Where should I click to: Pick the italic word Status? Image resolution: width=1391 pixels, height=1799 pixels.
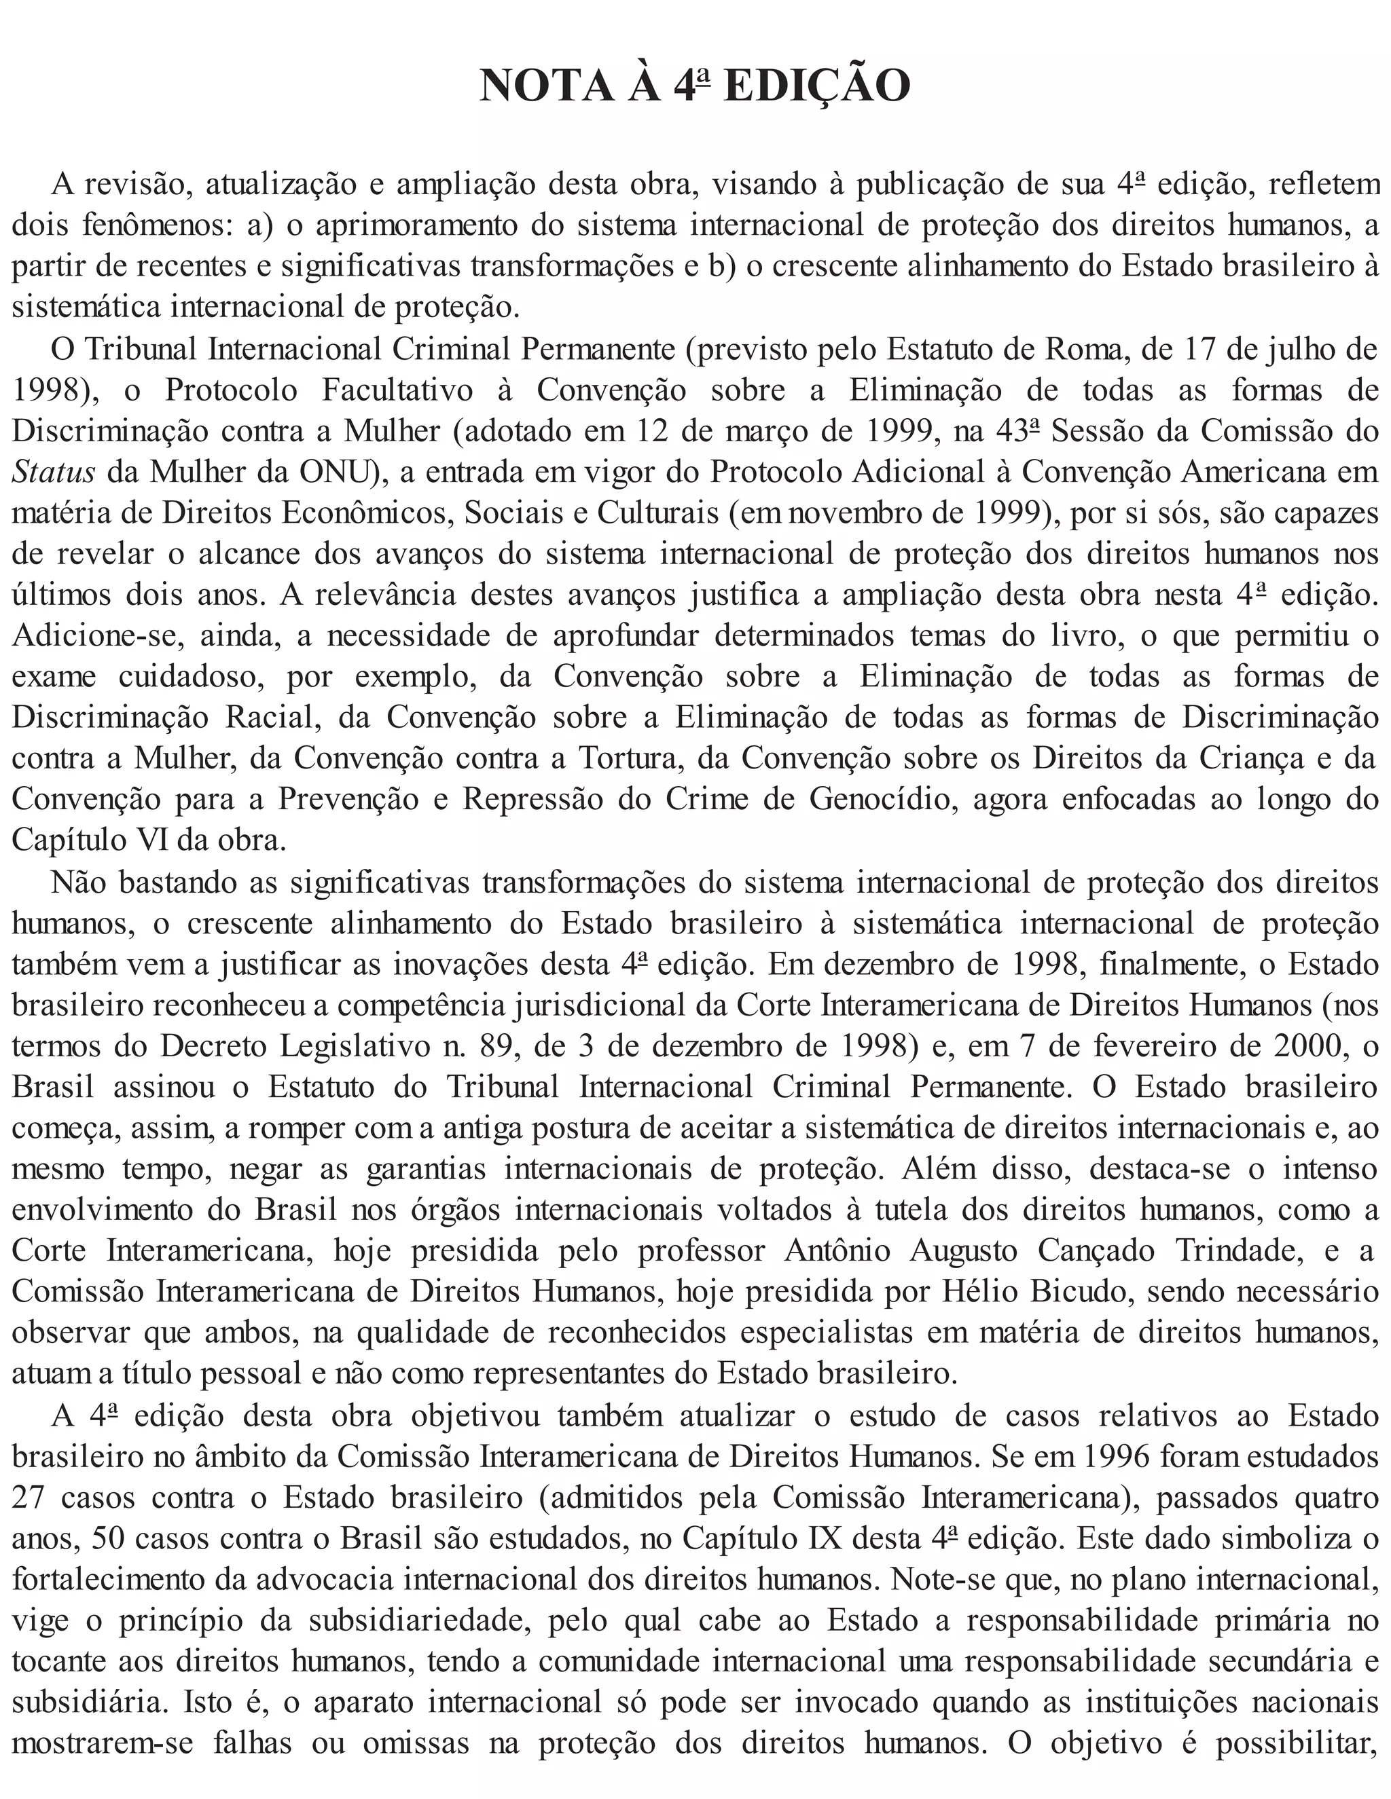(x=54, y=472)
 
